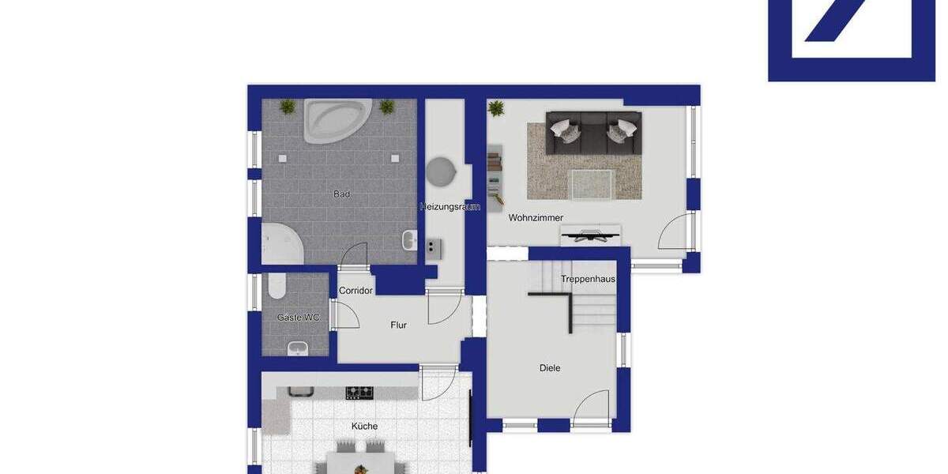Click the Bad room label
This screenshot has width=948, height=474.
tap(341, 194)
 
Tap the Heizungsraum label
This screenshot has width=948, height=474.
tap(450, 207)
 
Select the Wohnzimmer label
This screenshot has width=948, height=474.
tap(536, 217)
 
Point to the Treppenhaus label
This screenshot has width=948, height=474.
tap(588, 279)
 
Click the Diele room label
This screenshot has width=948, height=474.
tap(550, 367)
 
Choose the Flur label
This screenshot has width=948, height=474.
tap(399, 325)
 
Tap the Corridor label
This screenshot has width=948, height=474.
tap(355, 291)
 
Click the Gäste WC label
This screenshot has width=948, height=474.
tap(298, 318)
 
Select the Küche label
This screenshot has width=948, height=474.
tap(364, 426)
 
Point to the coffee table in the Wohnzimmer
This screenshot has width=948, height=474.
tap(594, 184)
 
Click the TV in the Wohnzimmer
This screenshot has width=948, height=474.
tap(590, 235)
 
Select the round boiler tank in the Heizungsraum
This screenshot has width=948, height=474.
tap(441, 172)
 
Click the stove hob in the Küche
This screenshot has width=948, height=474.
tap(359, 392)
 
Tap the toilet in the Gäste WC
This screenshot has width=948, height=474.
tap(276, 286)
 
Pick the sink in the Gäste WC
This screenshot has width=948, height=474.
tap(298, 348)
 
